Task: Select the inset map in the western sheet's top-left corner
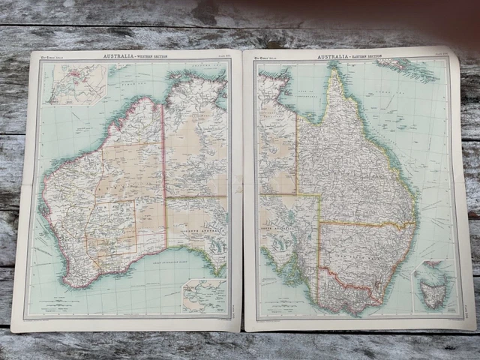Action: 75,84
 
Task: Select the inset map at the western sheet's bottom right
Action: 203,295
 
